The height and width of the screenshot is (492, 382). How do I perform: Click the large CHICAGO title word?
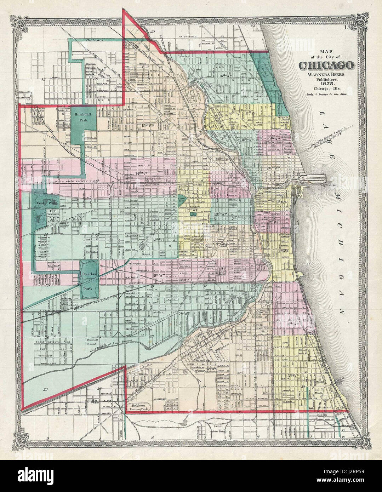click(326, 65)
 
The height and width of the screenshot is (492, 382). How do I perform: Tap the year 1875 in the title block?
click(326, 84)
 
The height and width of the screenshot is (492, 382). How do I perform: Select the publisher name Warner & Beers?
click(326, 73)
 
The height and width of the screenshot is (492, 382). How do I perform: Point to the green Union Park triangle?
click(182, 200)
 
